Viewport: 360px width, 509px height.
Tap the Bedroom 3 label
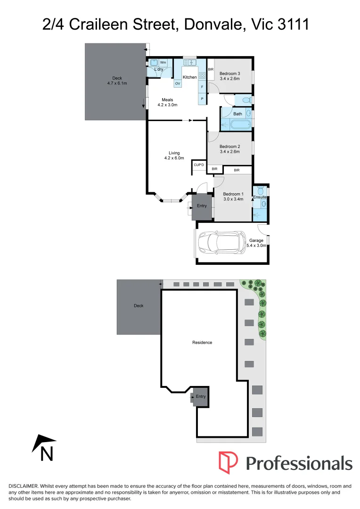click(x=230, y=73)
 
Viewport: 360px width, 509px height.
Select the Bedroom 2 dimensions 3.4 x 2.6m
click(x=230, y=152)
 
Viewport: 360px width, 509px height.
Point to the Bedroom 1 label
click(x=233, y=194)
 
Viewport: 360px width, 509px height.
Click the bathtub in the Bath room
click(x=238, y=124)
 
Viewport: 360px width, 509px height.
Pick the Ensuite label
click(x=260, y=197)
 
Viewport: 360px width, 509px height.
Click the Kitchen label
click(x=189, y=77)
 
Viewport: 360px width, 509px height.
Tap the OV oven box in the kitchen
click(x=178, y=83)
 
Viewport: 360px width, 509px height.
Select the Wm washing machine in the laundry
click(x=163, y=62)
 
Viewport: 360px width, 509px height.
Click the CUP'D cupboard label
click(x=199, y=164)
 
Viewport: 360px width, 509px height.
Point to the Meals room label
click(x=167, y=100)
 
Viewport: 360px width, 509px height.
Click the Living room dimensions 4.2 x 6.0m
click(x=174, y=158)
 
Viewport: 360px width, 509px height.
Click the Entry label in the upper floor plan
click(x=202, y=205)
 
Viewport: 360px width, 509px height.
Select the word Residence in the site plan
click(x=202, y=342)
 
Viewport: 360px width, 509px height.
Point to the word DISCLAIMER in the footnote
click(x=24, y=486)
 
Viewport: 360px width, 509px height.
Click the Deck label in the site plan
click(x=139, y=306)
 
